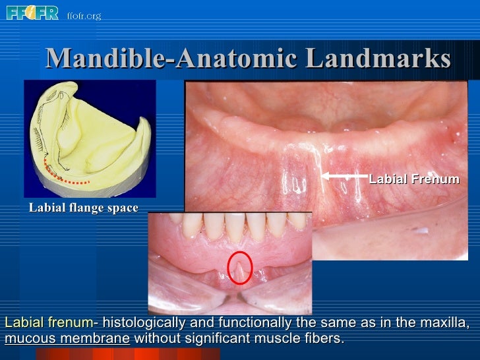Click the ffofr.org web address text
pos(84,15)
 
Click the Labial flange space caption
pos(83,208)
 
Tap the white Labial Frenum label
pos(414,179)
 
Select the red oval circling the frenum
pos(239,268)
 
